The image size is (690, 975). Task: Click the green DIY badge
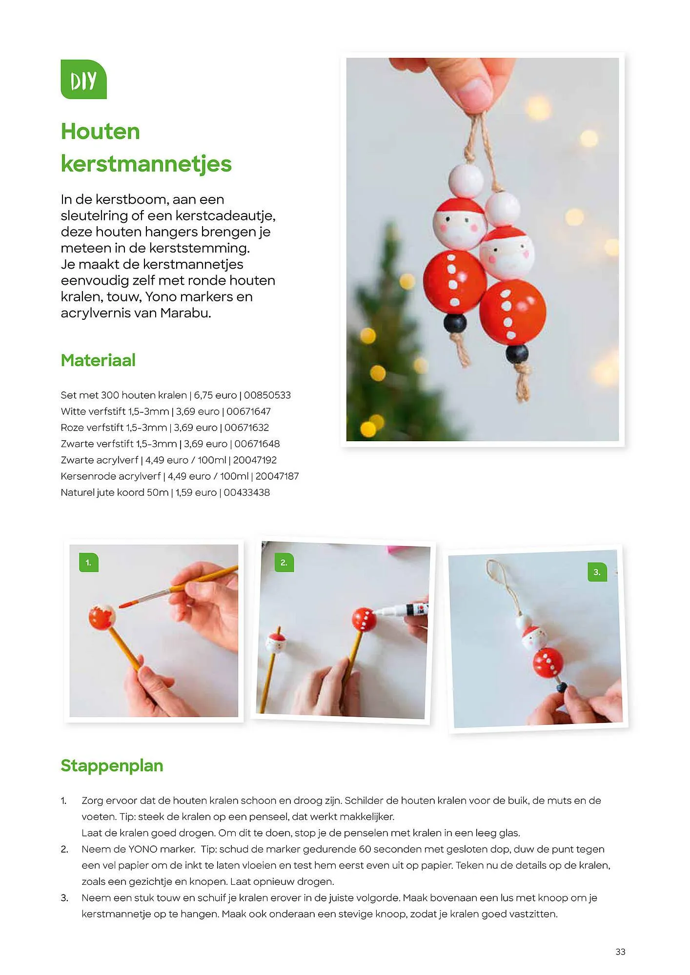(83, 79)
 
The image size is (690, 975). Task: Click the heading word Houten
(101, 132)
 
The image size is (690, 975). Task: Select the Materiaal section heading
(98, 360)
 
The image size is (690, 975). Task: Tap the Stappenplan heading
(112, 765)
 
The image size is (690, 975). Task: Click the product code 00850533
(267, 395)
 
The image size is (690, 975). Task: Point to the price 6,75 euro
(215, 395)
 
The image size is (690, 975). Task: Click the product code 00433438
(246, 492)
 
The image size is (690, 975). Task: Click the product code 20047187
(277, 476)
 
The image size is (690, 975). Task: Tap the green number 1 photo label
(88, 563)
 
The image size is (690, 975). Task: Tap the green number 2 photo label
(284, 563)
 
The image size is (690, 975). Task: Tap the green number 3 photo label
(597, 572)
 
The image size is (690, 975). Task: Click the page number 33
(620, 952)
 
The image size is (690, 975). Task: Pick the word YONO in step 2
(142, 849)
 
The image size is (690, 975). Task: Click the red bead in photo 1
(101, 617)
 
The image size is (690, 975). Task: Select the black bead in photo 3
(562, 687)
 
